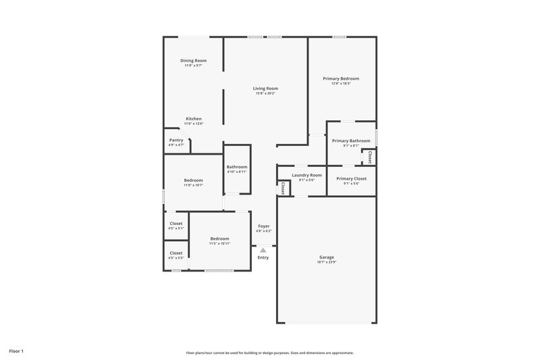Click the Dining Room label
coord(194,61)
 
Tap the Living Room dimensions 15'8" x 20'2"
coord(265,93)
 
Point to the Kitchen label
coord(194,119)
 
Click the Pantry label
coord(176,140)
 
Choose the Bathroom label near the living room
coord(237,167)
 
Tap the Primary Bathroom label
coord(351,140)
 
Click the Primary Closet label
coord(351,179)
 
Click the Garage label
coord(327,257)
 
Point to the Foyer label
coord(263,226)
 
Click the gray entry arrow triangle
coord(263,250)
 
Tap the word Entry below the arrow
coord(263,257)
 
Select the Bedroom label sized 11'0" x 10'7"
coord(194,180)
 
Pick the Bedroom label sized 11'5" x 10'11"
coord(219,238)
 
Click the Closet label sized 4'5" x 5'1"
coord(176,223)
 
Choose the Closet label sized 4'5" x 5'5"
coord(176,253)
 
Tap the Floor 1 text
coord(16,351)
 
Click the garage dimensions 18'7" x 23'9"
coord(327,261)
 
